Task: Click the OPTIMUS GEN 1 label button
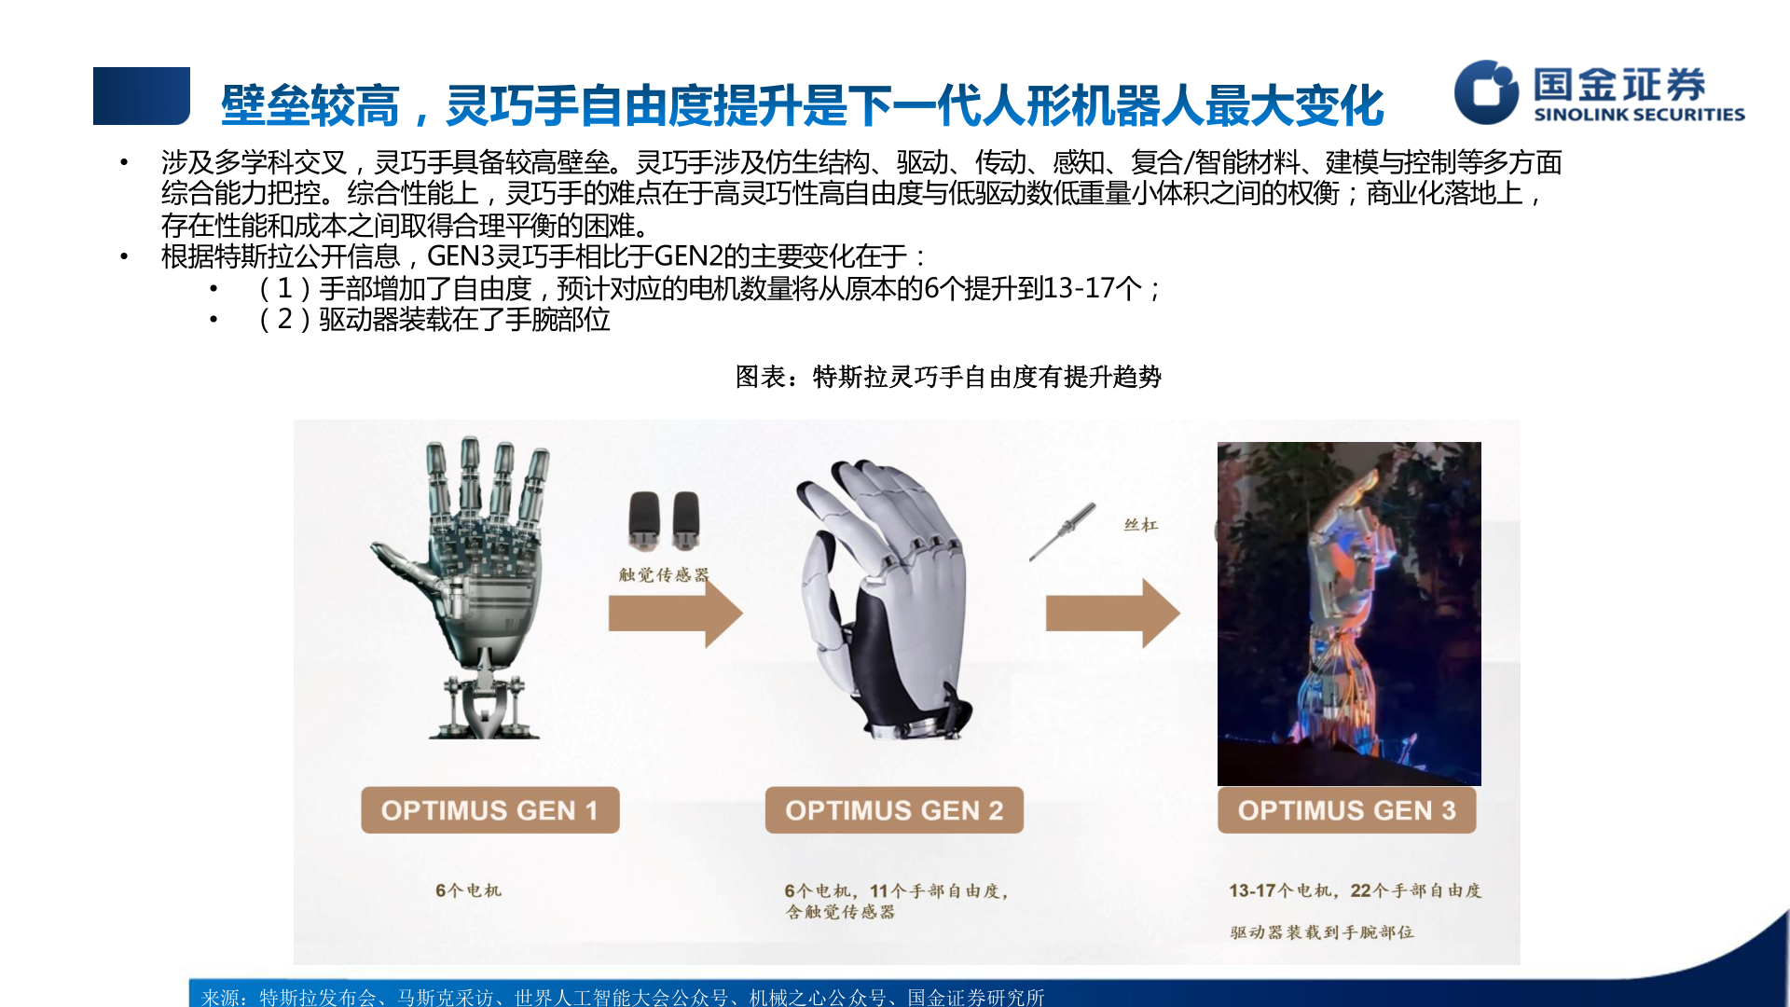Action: pos(489,810)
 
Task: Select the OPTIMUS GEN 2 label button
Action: pos(894,810)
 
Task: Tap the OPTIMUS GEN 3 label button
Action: pos(1346,810)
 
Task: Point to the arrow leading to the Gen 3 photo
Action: pos(1112,614)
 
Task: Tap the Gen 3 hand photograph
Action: pos(1349,613)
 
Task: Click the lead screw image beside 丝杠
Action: pos(1063,532)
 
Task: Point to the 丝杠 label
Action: pos(1140,525)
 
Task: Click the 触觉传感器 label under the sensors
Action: pos(664,574)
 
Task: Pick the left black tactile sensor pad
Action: pos(644,519)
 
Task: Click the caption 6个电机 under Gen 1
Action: pos(468,890)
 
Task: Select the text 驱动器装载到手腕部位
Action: pos(1321,931)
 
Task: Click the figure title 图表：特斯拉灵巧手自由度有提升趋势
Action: pos(948,377)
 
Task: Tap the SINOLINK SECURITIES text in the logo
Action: pos(1639,115)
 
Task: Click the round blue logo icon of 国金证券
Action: pos(1486,91)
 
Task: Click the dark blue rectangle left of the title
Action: pos(142,96)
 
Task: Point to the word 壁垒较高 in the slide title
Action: pos(310,105)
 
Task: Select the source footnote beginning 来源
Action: pos(623,997)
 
